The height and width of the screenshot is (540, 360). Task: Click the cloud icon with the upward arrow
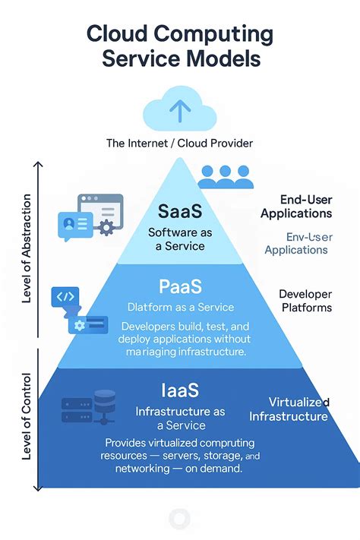click(179, 112)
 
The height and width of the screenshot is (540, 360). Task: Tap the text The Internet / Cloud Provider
click(179, 144)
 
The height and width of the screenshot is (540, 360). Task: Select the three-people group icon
click(225, 176)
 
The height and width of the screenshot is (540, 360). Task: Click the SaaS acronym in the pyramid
click(179, 210)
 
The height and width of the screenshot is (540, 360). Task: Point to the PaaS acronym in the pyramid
click(179, 286)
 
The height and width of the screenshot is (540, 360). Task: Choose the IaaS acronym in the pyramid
click(179, 390)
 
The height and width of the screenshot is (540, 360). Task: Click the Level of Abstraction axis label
click(27, 249)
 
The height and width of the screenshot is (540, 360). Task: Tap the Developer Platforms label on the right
click(305, 300)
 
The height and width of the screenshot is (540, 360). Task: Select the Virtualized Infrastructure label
click(289, 409)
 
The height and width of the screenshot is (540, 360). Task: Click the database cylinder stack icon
click(105, 407)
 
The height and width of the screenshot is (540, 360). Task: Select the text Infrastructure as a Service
click(179, 418)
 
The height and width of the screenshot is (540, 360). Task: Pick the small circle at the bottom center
click(179, 519)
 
